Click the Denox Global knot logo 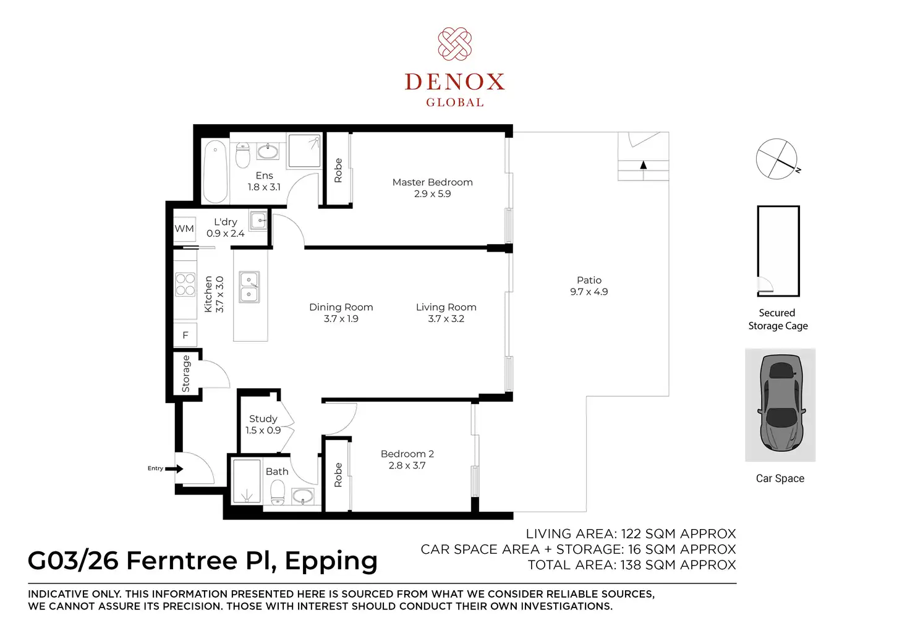pyautogui.click(x=454, y=44)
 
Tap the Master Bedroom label pyautogui.click(x=432, y=182)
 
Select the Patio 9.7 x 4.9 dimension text pyautogui.click(x=589, y=292)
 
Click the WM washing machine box pyautogui.click(x=184, y=229)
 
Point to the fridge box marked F pyautogui.click(x=185, y=335)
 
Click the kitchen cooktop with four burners pyautogui.click(x=185, y=284)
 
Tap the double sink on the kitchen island pyautogui.click(x=249, y=287)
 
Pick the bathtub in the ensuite pyautogui.click(x=215, y=171)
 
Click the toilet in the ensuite pyautogui.click(x=242, y=155)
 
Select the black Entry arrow pyautogui.click(x=174, y=468)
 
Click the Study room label pyautogui.click(x=263, y=418)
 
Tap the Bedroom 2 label pyautogui.click(x=407, y=454)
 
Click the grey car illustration pyautogui.click(x=780, y=403)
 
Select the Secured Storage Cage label pyautogui.click(x=778, y=319)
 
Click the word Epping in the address pyautogui.click(x=331, y=562)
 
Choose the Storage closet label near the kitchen pyautogui.click(x=185, y=373)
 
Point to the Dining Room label pyautogui.click(x=341, y=307)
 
